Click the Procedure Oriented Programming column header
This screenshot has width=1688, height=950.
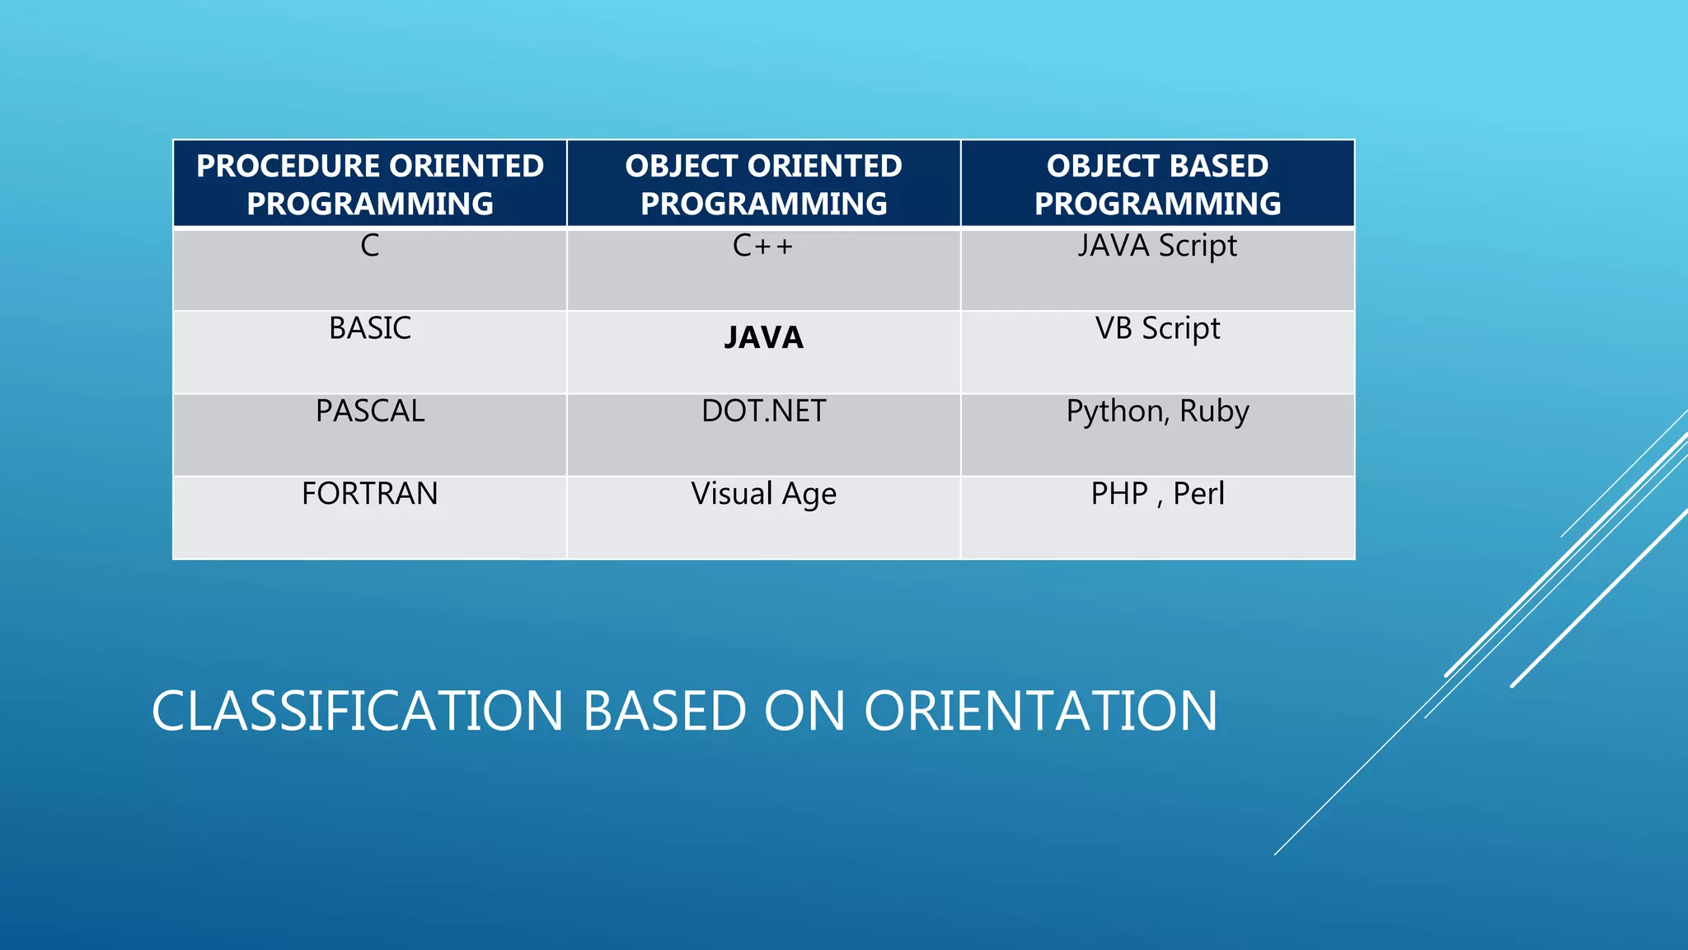click(x=370, y=184)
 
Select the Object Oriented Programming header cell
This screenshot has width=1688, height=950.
click(x=764, y=184)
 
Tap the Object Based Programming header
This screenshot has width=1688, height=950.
click(x=1157, y=184)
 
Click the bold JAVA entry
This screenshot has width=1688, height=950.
click(x=763, y=337)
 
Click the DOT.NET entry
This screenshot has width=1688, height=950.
click(x=763, y=411)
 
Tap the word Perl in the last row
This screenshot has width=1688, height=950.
click(x=1198, y=493)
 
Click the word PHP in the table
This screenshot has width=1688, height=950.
click(x=1119, y=493)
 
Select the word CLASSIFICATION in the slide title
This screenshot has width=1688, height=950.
click(x=357, y=711)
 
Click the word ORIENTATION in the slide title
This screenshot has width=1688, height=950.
click(x=1040, y=711)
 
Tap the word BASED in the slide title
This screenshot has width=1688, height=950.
click(x=664, y=711)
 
